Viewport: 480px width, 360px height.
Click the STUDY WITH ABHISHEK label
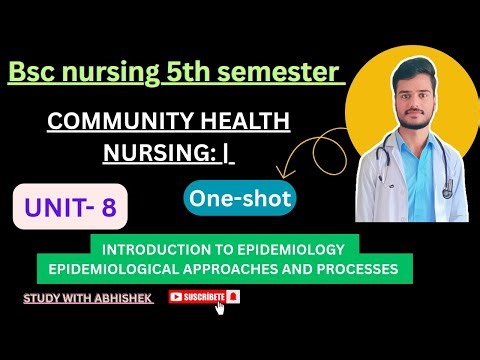pos(87,297)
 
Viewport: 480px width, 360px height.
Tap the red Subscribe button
pos(205,296)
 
